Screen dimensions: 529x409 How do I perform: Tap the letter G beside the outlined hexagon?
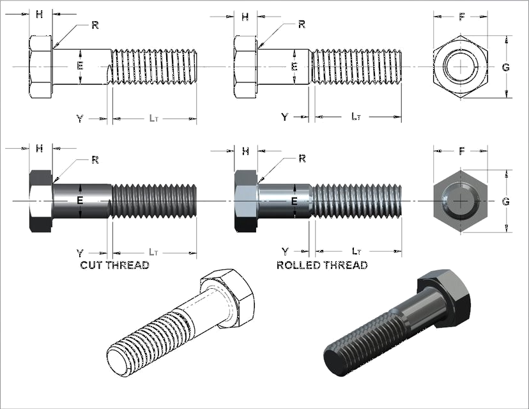[x=506, y=68]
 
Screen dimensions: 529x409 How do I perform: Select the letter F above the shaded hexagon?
[x=461, y=151]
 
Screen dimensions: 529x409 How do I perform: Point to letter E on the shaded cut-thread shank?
[x=80, y=201]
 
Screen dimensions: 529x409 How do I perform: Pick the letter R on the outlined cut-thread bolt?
[x=95, y=25]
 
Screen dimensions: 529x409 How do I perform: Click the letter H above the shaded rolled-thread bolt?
[x=245, y=151]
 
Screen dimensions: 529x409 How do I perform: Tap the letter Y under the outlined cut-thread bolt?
[x=80, y=119]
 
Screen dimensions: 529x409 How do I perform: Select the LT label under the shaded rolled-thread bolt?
[x=356, y=251]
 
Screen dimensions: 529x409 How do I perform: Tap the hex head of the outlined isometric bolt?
[x=228, y=297]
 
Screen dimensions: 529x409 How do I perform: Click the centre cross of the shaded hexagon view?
[x=461, y=201]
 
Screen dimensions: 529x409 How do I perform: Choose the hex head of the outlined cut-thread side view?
[x=40, y=67]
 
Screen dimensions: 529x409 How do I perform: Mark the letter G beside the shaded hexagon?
[x=506, y=202]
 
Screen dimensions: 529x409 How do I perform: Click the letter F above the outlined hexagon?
[x=461, y=17]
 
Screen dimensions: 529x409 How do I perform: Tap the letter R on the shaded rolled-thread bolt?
[x=302, y=158]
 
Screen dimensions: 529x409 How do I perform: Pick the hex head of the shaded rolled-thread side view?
[x=245, y=201]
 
